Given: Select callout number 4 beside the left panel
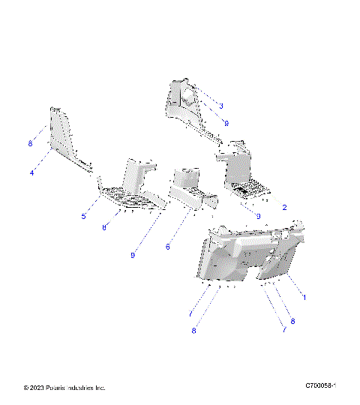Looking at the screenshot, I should click(x=32, y=172).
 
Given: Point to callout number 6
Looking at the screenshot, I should click(x=168, y=247).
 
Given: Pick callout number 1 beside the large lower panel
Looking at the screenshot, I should click(x=303, y=297).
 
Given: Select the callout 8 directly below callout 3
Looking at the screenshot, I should click(x=226, y=123).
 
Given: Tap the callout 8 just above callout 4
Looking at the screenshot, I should click(x=30, y=142).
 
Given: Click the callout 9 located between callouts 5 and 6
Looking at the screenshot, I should click(x=132, y=256).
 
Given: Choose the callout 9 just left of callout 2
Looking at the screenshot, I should click(x=258, y=216).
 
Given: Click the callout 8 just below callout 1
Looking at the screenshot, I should click(x=292, y=321).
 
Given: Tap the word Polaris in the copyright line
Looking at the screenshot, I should click(x=57, y=387).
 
